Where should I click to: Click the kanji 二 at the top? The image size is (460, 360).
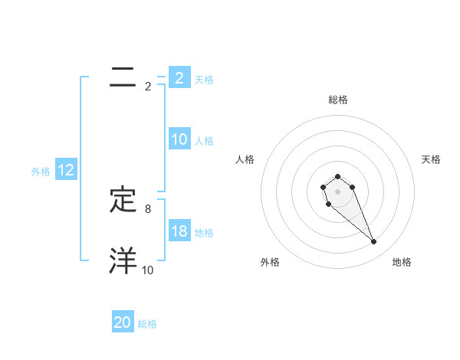123,77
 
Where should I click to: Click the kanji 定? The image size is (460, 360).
123,201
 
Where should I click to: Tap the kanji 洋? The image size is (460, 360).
123,260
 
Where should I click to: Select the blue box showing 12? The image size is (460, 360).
66,171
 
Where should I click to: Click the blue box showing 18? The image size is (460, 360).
179,231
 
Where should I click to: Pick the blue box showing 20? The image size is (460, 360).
123,322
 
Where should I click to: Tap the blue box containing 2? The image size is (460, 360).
179,77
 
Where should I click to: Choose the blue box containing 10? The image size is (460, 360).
179,139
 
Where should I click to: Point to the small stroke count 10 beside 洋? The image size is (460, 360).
148,270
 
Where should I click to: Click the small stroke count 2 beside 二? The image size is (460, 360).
148,87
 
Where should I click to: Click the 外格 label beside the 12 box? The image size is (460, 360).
41,172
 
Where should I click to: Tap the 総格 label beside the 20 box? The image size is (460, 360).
147,324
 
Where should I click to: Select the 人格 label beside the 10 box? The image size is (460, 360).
204,141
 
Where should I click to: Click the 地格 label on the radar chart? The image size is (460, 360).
402,262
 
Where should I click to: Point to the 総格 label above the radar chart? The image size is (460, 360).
337,100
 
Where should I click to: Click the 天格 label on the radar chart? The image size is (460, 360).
431,159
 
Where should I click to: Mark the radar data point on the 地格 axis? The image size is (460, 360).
374,242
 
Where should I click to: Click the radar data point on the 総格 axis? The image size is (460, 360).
337,177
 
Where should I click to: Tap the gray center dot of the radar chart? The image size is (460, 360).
337,191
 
